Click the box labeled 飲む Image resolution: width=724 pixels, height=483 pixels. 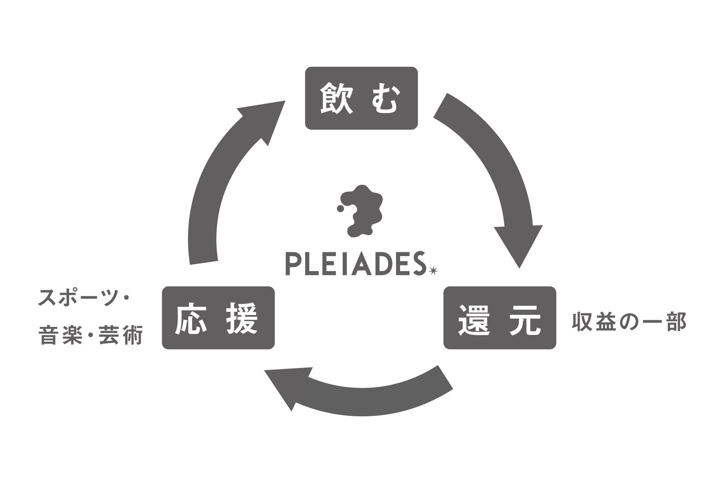361,98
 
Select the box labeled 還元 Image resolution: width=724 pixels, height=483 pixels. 500,318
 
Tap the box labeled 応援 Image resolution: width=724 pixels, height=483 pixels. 218,318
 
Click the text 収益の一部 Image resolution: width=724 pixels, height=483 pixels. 629,322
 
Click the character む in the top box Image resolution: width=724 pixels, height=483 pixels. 384,99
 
